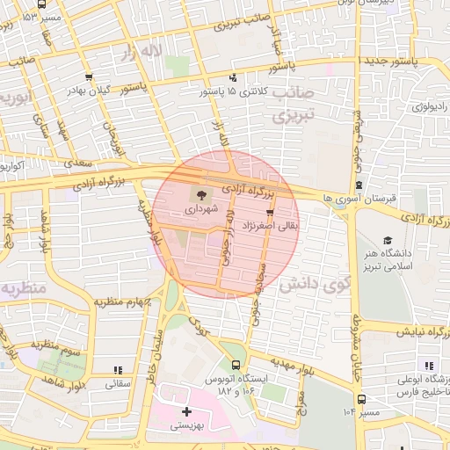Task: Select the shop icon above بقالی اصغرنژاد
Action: tap(269, 212)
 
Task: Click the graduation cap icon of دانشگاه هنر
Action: tap(387, 240)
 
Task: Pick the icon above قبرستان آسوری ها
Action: tap(360, 185)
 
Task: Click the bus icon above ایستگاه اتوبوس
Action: tap(235, 365)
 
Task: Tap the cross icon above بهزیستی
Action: tap(185, 411)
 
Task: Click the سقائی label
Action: tap(117, 383)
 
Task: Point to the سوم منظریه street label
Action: tap(58, 345)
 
